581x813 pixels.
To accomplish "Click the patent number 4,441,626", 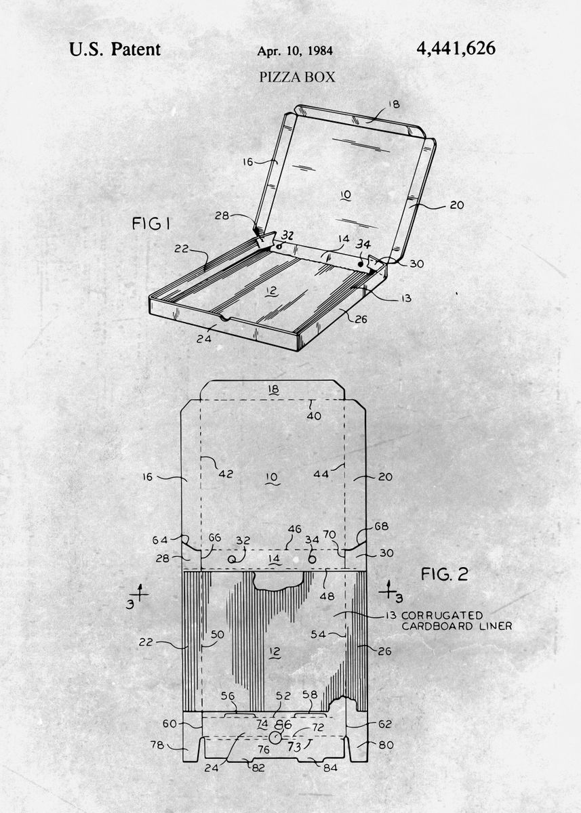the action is tap(456, 48).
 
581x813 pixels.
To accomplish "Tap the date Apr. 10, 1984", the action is tap(295, 51).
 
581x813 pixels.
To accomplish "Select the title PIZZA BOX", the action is tap(297, 77).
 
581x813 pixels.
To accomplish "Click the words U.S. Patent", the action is tap(115, 49).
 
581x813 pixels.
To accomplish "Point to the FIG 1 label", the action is tap(151, 223).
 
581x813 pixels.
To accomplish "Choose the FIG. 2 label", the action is tap(445, 575).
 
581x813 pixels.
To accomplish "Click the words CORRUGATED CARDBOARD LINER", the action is tap(457, 621).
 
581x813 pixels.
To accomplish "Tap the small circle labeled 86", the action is tap(275, 738).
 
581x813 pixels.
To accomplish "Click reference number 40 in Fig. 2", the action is tap(314, 416).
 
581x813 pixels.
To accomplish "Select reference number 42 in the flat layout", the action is tap(226, 474).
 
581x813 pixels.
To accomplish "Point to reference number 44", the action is tap(321, 474).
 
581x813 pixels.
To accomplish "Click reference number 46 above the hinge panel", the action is tap(294, 529).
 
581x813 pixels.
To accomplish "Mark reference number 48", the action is tap(327, 596).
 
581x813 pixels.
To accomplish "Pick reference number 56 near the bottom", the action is tap(228, 696).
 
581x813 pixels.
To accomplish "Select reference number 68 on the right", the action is tap(381, 526).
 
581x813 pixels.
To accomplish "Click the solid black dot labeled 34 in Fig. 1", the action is tap(361, 264).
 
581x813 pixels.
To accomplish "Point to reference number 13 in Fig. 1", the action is tap(406, 298).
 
